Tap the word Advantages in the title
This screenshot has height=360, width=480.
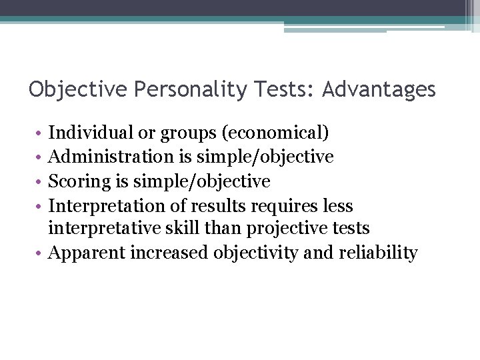(379, 89)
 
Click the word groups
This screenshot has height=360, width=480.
(194, 133)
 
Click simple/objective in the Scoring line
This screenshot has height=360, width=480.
(203, 181)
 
